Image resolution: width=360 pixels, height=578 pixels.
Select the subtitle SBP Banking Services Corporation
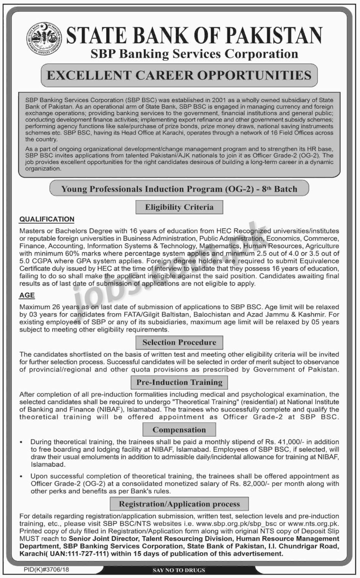[x=194, y=54]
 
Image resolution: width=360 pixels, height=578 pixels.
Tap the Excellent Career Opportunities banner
[x=179, y=75]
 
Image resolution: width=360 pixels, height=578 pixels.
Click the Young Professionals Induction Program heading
[x=179, y=189]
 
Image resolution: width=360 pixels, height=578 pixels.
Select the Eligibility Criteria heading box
[x=179, y=207]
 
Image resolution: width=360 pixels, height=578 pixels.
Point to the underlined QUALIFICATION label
[x=47, y=219]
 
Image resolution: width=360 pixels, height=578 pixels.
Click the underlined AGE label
[x=27, y=295]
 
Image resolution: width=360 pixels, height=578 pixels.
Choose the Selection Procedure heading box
[x=179, y=342]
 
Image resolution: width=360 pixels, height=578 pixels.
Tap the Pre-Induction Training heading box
[x=179, y=382]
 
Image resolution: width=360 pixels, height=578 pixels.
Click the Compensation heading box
[x=179, y=430]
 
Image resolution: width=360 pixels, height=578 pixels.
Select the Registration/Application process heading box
[x=179, y=504]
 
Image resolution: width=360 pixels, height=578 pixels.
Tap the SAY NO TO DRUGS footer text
[x=179, y=570]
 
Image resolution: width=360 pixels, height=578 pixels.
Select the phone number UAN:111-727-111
[x=80, y=554]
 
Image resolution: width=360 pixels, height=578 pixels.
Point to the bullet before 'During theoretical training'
[x=22, y=442]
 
